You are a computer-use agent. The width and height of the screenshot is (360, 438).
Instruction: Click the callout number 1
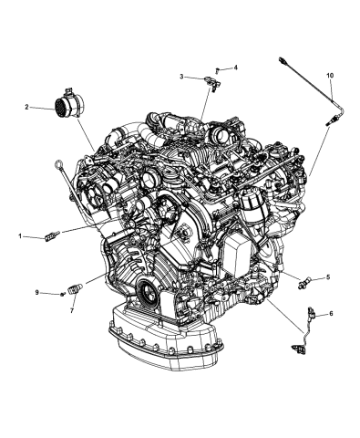[20, 235]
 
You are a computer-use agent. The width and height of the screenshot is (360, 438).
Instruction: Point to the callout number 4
[235, 68]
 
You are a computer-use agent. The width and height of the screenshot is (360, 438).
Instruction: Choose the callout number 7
[71, 309]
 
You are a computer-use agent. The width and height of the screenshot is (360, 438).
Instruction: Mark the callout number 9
[38, 292]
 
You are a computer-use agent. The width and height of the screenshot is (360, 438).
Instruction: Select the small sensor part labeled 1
[51, 237]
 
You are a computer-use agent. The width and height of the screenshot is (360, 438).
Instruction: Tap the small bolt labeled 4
[220, 69]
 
